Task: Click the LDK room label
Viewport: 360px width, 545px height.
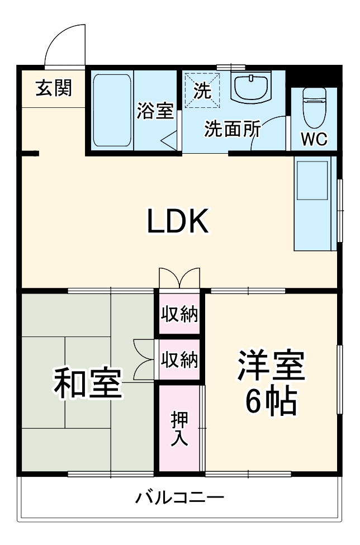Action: tap(178, 222)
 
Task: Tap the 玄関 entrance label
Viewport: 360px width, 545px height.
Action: tap(54, 88)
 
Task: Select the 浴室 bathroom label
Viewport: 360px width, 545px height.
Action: tap(155, 111)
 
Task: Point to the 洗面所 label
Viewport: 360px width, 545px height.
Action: tap(232, 129)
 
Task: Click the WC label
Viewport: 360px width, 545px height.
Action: tap(314, 140)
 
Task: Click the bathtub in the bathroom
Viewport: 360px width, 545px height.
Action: tap(111, 110)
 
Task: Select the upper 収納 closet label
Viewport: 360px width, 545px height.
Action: tap(179, 315)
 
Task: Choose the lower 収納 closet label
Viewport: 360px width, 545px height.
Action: tap(179, 359)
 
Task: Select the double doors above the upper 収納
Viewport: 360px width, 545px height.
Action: tap(179, 278)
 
